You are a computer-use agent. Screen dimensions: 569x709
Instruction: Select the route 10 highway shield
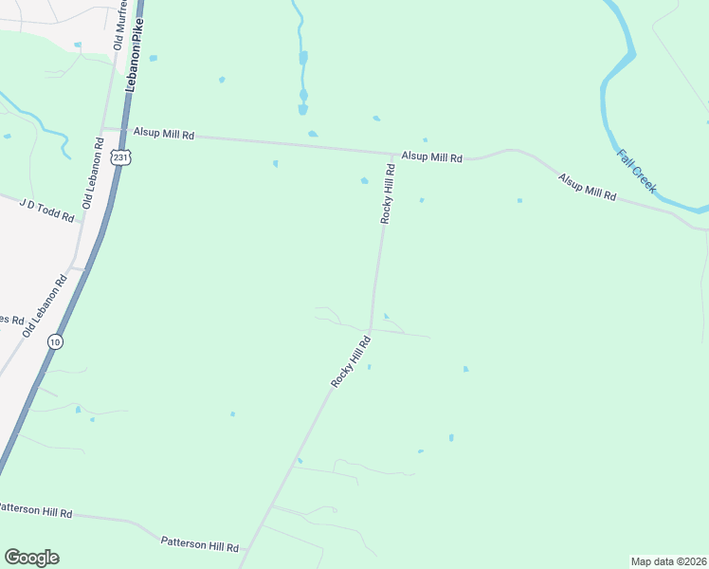(x=56, y=341)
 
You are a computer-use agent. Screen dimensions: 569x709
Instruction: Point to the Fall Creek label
(x=636, y=171)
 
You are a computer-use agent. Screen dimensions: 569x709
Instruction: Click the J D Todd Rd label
(x=46, y=209)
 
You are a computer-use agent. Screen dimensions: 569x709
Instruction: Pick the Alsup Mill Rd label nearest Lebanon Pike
(x=163, y=135)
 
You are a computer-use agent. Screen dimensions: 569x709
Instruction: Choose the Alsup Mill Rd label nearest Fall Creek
(x=587, y=187)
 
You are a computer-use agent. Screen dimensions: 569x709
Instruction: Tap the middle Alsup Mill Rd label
(x=431, y=156)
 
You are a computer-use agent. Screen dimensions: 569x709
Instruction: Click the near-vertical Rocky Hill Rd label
(x=387, y=193)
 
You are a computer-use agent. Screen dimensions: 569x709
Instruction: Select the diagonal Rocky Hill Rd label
(x=349, y=360)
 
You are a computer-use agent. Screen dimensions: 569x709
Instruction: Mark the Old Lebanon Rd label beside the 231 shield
(x=94, y=174)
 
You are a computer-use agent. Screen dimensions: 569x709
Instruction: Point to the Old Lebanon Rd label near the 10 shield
(x=45, y=304)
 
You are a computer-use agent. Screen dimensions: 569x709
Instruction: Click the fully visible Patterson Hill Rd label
(x=199, y=545)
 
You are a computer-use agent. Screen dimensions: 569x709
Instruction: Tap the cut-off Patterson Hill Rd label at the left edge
(x=35, y=510)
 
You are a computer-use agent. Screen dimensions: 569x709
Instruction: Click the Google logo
(x=31, y=558)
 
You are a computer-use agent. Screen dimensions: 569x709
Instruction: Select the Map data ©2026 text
(x=668, y=560)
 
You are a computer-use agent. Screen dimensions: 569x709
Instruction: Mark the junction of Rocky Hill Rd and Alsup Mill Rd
(x=391, y=154)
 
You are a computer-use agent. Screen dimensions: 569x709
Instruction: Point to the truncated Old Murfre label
(x=119, y=25)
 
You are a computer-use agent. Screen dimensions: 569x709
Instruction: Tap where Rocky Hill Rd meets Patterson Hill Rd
(x=245, y=550)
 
